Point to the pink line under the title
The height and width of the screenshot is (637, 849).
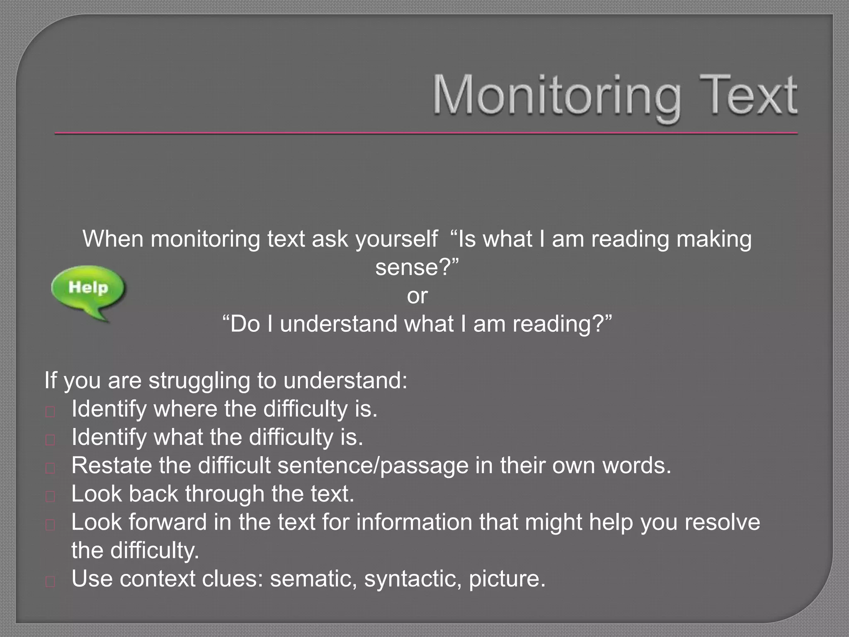[x=426, y=134]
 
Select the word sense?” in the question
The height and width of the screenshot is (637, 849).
[x=417, y=267]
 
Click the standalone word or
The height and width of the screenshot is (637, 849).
[x=417, y=296]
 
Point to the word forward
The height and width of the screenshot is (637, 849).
[x=167, y=522]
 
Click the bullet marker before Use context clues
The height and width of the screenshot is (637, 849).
[x=50, y=582]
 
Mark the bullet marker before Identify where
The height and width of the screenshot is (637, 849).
[x=50, y=412]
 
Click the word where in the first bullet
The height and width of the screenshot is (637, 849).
[x=185, y=409]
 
